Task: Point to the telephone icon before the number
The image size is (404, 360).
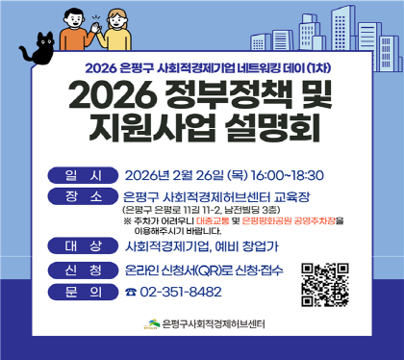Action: coord(131,292)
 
